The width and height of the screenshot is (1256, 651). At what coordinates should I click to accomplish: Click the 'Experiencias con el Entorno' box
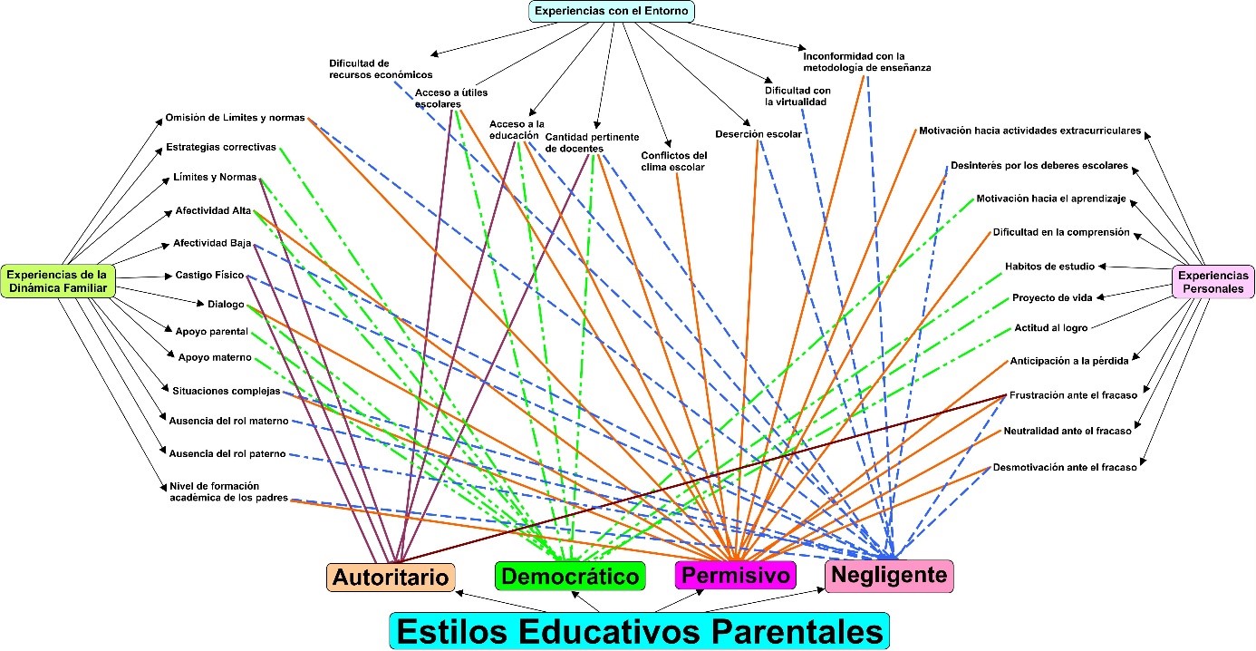coord(613,11)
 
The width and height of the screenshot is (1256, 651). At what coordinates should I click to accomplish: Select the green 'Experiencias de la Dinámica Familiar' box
coord(57,280)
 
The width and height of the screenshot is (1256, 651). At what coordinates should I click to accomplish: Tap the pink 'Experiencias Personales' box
coord(1213,281)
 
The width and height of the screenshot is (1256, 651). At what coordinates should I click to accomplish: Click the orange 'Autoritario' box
coord(391,578)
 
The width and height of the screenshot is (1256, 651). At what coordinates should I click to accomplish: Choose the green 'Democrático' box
coord(569,576)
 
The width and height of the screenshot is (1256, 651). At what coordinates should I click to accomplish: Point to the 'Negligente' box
coord(888,575)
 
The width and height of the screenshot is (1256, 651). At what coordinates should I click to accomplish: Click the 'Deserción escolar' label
coord(758,134)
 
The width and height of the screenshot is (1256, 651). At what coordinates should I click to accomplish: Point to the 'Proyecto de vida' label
coord(1052,296)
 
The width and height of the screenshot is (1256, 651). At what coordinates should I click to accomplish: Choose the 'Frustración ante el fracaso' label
coord(1073,395)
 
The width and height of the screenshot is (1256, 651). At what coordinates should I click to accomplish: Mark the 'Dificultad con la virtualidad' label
coord(797,96)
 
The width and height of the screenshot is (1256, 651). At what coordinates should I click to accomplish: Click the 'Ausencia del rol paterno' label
coord(227,452)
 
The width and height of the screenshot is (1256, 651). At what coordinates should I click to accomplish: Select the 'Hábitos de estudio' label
coord(1049,266)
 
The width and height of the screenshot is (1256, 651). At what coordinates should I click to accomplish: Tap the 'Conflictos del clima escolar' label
coord(673,160)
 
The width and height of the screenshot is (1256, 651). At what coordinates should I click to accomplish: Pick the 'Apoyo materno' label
coord(215,357)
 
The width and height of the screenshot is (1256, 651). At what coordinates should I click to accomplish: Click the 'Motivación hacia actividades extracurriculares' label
coord(1029,131)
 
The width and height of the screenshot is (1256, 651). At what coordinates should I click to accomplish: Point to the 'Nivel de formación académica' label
coord(228,491)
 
